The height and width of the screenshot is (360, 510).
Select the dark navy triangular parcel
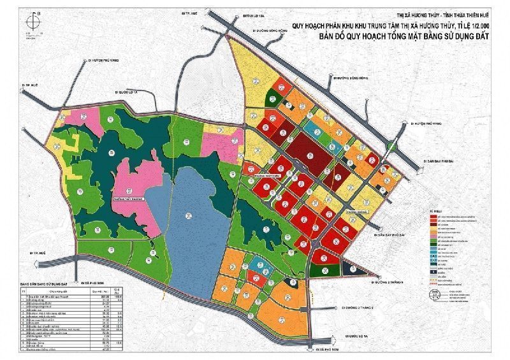pyautogui.click(x=347, y=268)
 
